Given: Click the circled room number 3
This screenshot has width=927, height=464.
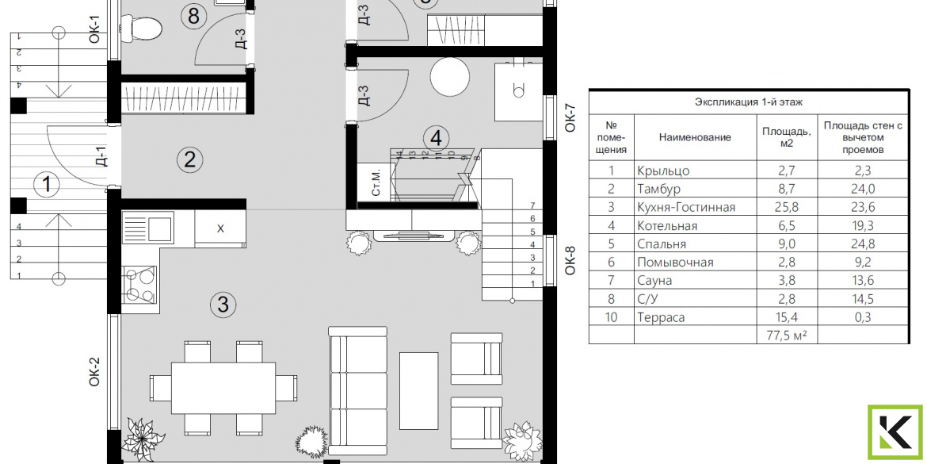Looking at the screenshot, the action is (223, 305).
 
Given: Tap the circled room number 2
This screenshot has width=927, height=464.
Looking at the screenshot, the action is (190, 159).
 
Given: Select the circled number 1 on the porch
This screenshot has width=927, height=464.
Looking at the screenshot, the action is (47, 186).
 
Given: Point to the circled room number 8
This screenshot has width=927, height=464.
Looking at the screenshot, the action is (193, 16).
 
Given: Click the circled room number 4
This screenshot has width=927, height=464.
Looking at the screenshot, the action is (437, 139).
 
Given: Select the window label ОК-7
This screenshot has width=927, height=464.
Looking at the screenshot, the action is (570, 117).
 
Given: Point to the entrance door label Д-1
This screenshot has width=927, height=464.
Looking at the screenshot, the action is (101, 157).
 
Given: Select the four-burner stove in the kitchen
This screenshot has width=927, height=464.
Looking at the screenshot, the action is (139, 285).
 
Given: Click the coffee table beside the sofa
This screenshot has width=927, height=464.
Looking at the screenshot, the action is (418, 391).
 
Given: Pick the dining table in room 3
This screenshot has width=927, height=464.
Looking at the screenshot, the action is (223, 388).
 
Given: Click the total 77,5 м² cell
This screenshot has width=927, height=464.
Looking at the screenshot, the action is (786, 336).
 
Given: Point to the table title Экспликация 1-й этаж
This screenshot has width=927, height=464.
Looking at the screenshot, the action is (749, 102).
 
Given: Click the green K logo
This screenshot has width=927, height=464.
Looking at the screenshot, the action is (895, 432).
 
